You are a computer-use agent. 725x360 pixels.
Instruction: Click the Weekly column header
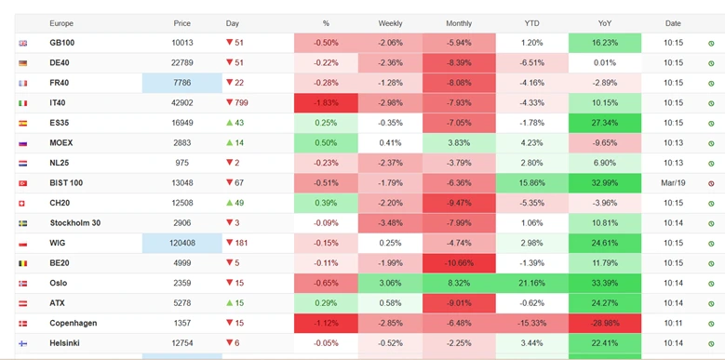click(390, 23)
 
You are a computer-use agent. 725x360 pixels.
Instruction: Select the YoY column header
click(605, 23)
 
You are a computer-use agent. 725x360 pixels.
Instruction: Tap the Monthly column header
click(459, 23)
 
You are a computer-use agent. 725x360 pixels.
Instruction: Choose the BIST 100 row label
click(66, 183)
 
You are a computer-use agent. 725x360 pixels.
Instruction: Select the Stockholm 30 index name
click(74, 223)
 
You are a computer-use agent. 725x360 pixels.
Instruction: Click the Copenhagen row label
click(72, 323)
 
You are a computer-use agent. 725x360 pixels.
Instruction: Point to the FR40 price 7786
click(182, 83)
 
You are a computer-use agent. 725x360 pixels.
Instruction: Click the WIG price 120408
click(182, 243)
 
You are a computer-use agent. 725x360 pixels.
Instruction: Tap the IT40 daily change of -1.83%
click(326, 103)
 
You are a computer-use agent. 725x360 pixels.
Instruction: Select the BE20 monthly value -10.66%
click(459, 263)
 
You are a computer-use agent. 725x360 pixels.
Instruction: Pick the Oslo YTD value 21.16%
click(531, 283)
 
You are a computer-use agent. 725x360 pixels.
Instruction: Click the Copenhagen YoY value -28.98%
click(605, 323)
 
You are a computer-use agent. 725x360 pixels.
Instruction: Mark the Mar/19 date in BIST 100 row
click(673, 183)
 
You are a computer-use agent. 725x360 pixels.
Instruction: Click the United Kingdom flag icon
click(22, 43)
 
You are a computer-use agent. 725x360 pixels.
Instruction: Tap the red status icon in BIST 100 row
click(711, 183)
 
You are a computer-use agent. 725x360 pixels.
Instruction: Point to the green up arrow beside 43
click(230, 123)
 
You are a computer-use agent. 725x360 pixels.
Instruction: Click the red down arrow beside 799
click(230, 103)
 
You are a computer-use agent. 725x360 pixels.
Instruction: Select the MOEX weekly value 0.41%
click(390, 143)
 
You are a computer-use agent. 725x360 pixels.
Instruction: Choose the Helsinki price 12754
click(182, 343)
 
